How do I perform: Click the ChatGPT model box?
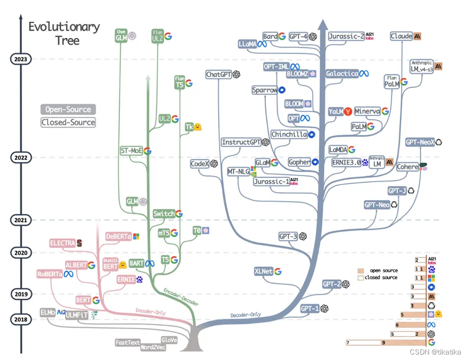[x=219, y=74]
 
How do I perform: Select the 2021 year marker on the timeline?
[x=21, y=220]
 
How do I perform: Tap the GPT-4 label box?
[x=298, y=36]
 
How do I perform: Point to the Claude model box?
[x=401, y=36]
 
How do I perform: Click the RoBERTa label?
[x=50, y=274]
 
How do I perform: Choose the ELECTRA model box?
[x=62, y=243]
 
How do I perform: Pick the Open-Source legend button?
[x=68, y=110]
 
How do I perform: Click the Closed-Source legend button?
[x=68, y=123]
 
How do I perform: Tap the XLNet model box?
[x=263, y=271]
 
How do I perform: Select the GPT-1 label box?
[x=310, y=308]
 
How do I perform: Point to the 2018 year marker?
[x=21, y=319]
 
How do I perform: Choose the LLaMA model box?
[x=247, y=44]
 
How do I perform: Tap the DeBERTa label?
[x=119, y=236]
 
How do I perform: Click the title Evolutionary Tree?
[x=64, y=33]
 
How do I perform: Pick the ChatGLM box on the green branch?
[x=121, y=36]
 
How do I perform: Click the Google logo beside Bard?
[x=282, y=36]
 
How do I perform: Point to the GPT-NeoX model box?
[x=420, y=142]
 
